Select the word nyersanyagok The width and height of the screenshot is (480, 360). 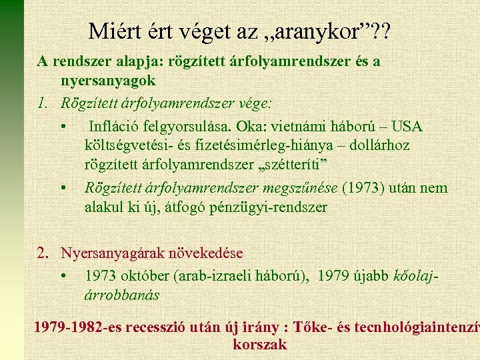tap(108, 80)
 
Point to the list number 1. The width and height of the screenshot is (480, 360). tap(42, 103)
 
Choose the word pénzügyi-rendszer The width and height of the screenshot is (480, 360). tap(272, 207)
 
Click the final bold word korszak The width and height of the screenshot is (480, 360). tap(259, 344)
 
